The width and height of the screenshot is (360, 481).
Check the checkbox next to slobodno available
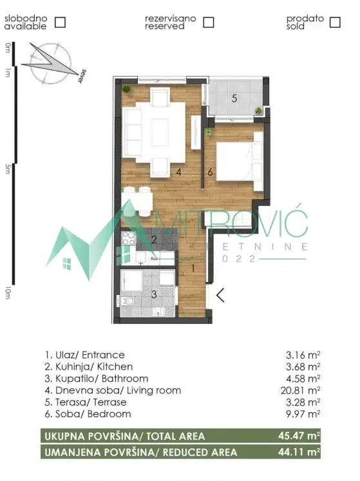[x=60, y=22]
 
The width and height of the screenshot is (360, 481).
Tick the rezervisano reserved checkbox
[x=208, y=22]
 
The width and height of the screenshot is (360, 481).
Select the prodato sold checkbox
[x=334, y=22]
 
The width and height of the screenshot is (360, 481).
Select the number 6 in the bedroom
[x=210, y=172]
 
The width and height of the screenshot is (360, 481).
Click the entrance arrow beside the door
[x=220, y=296]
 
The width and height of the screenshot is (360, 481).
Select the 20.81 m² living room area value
[x=302, y=390]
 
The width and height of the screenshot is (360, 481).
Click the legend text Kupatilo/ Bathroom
[x=96, y=379]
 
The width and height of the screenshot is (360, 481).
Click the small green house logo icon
[x=66, y=262]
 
